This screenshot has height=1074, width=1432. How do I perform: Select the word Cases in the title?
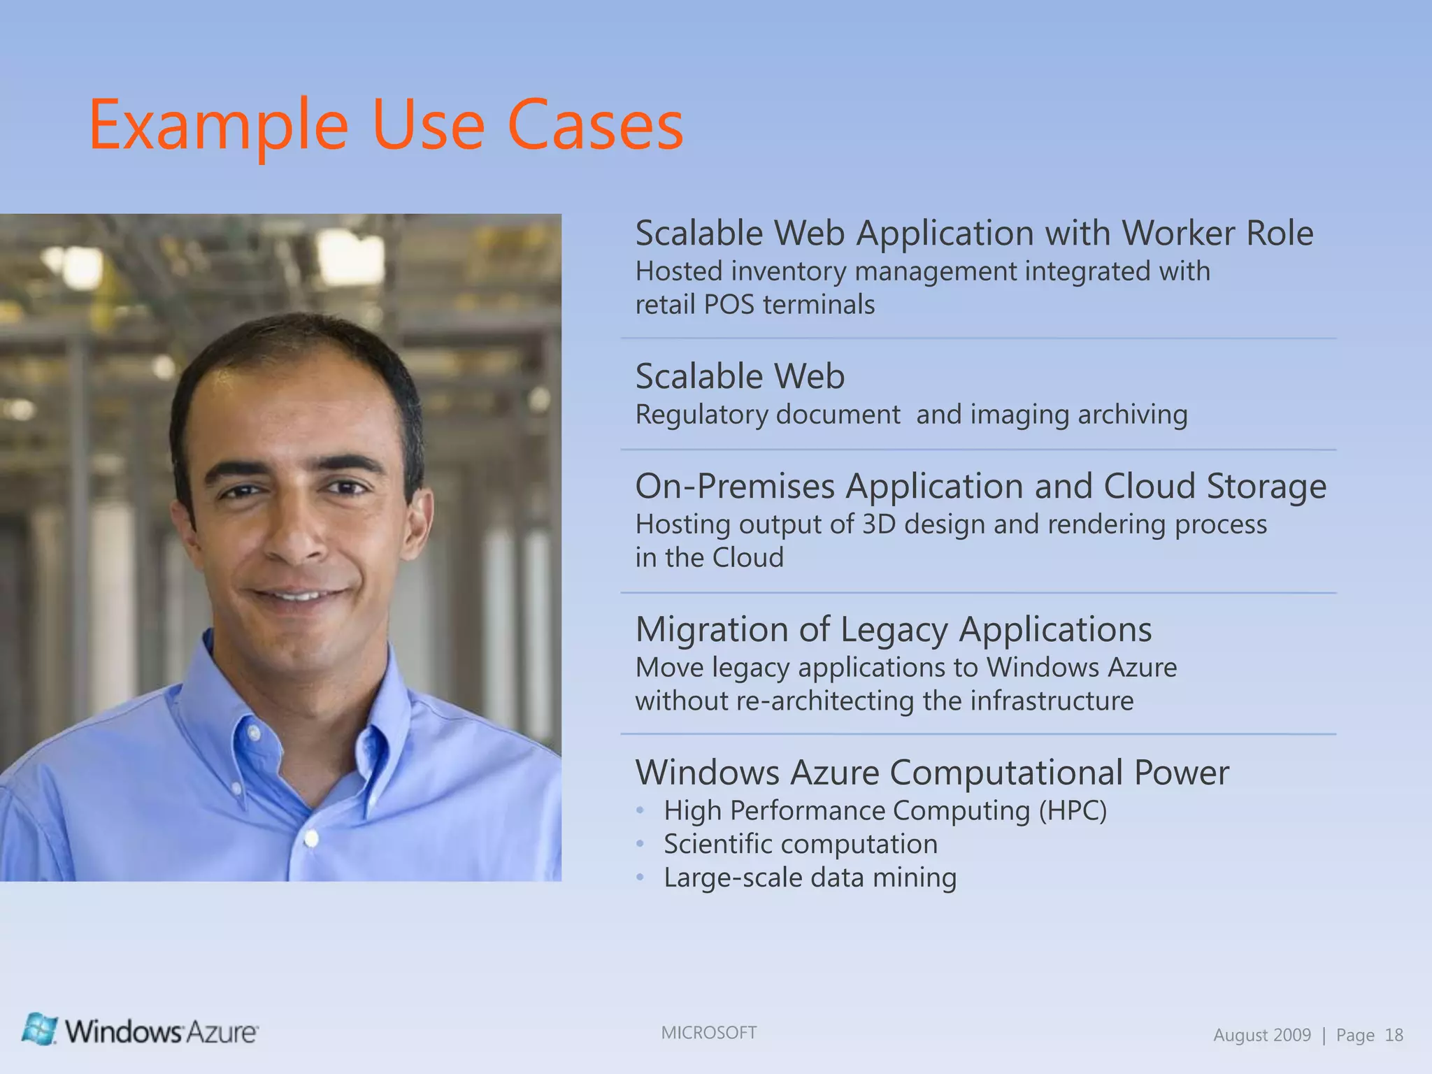(595, 126)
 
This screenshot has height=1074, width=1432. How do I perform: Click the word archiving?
(1132, 415)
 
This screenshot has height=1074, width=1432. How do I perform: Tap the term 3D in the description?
(879, 524)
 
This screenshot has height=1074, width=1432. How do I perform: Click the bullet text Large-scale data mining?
(810, 878)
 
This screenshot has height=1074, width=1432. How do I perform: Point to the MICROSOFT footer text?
(708, 1033)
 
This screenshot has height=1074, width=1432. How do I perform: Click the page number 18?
(1394, 1036)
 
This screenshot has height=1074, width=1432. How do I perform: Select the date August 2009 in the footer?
(1261, 1036)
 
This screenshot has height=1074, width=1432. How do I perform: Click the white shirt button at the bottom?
(312, 838)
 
